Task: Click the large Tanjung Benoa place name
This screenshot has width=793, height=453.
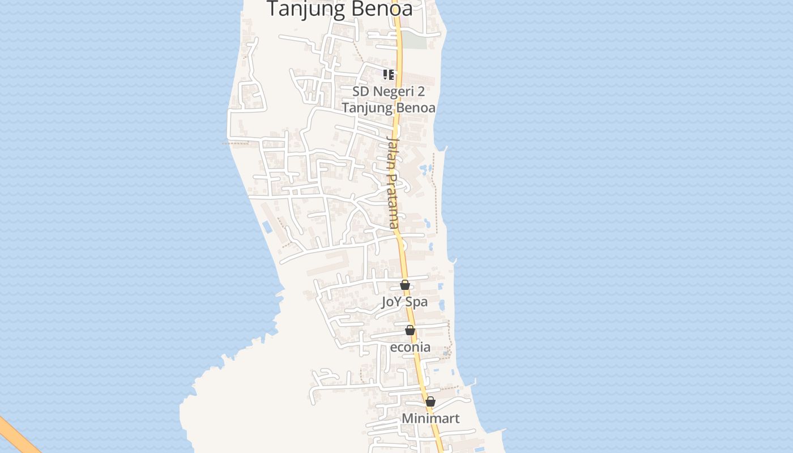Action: [x=339, y=8]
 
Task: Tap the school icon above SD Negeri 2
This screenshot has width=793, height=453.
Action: [x=389, y=74]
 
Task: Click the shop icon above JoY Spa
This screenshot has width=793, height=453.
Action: [x=405, y=285]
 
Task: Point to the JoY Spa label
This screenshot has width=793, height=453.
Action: [x=404, y=302]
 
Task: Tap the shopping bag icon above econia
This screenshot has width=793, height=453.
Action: [x=410, y=330]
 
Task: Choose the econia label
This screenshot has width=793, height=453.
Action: [x=410, y=347]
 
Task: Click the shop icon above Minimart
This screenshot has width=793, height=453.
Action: [x=430, y=401]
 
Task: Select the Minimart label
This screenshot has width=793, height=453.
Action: [x=430, y=418]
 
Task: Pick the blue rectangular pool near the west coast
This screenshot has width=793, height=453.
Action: [x=267, y=227]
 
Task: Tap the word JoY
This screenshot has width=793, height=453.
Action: [x=391, y=302]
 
